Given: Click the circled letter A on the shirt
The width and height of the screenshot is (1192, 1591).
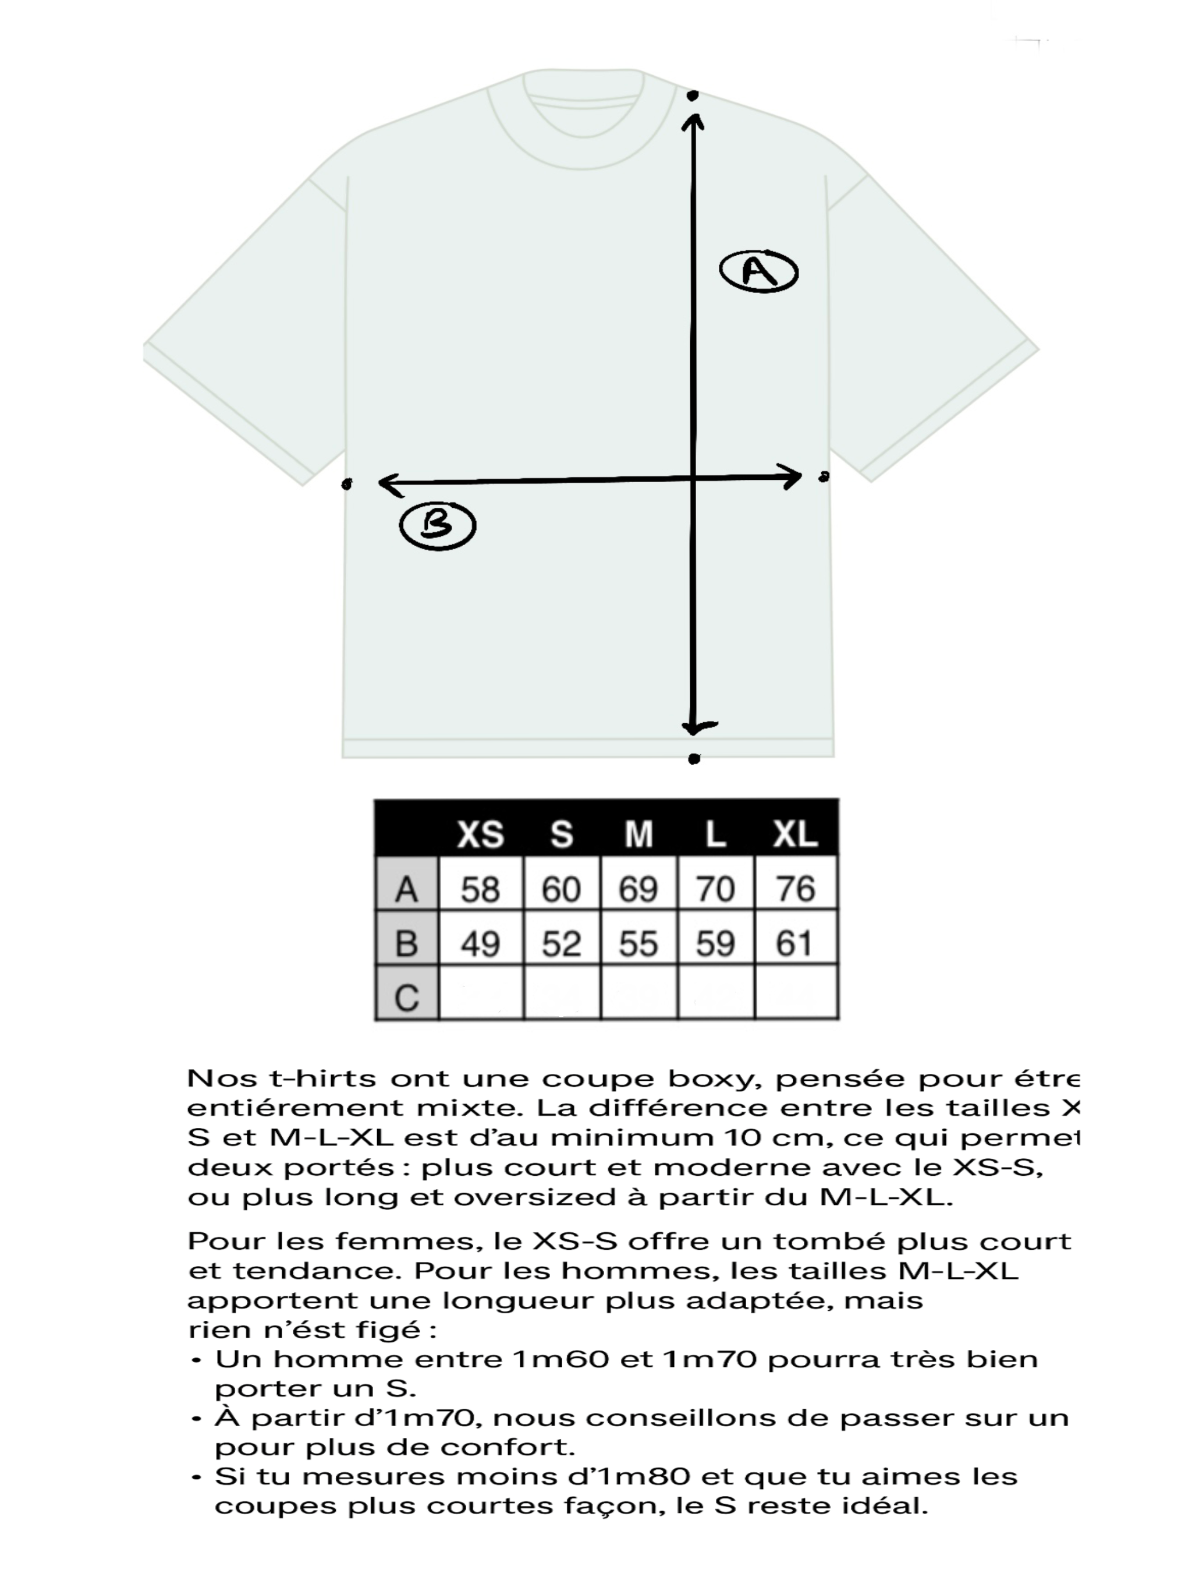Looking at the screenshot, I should point(758,272).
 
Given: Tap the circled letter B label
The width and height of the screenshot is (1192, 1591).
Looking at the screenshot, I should point(437,526).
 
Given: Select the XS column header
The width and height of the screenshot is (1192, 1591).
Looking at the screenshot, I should point(480,835).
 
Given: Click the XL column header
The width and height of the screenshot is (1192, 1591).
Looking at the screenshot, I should point(794,835).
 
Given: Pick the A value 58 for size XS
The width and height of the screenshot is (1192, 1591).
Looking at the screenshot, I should point(480,890).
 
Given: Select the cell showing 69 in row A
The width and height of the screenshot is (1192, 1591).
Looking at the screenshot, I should point(638,890).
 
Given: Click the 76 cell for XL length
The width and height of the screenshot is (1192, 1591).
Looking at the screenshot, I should point(795,890).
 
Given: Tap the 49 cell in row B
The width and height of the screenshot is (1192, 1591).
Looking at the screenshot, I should point(480,943).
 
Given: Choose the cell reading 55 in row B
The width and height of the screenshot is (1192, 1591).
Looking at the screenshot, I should point(638,943).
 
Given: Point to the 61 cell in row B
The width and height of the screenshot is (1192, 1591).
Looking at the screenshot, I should point(794,943).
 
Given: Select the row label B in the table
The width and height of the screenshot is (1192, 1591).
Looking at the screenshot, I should point(407,943).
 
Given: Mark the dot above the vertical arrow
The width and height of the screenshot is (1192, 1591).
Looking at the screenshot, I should point(693,95).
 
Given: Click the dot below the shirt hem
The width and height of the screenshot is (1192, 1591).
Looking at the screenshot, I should point(694,759).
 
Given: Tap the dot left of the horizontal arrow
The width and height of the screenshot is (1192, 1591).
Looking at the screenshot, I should point(346,484).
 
